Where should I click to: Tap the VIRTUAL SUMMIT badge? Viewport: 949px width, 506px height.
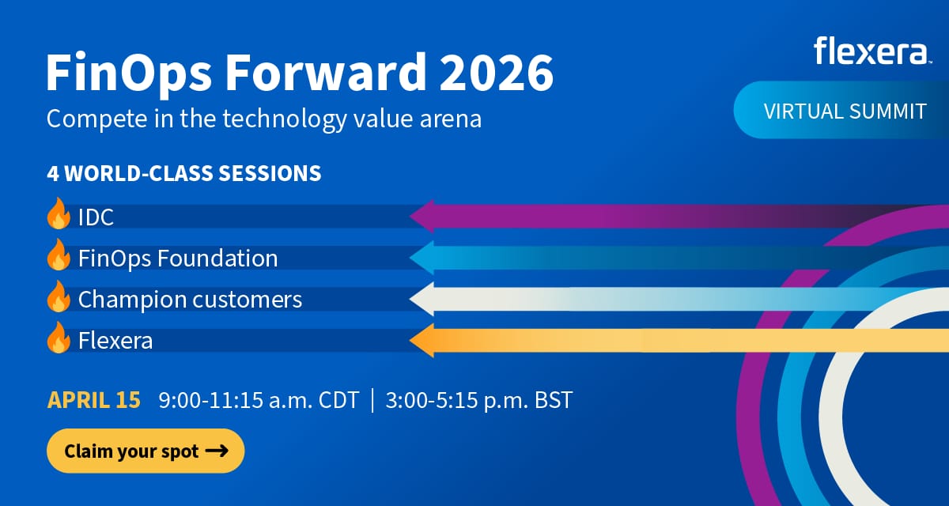841,110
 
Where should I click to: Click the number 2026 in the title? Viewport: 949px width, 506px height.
496,72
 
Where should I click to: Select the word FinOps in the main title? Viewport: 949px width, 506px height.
129,73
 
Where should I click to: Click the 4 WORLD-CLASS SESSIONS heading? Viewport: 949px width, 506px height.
184,173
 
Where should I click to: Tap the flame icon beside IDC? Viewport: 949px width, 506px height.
59,213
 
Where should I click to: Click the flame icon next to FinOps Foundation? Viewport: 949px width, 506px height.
59,255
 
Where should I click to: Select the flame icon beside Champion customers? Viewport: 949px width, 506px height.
59,296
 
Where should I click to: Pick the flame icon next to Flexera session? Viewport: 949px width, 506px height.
59,338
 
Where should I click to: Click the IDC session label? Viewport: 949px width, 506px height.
96,217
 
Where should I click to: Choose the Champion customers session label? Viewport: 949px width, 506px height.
190,300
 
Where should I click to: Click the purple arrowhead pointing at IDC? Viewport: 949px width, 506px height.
422,216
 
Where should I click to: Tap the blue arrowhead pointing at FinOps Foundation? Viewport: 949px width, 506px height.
422,258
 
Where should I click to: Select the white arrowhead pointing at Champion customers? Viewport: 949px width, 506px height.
422,299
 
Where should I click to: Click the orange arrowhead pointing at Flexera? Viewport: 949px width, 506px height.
422,341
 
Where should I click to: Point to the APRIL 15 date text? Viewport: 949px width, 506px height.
93,400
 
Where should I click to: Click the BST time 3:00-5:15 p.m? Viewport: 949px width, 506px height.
479,400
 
